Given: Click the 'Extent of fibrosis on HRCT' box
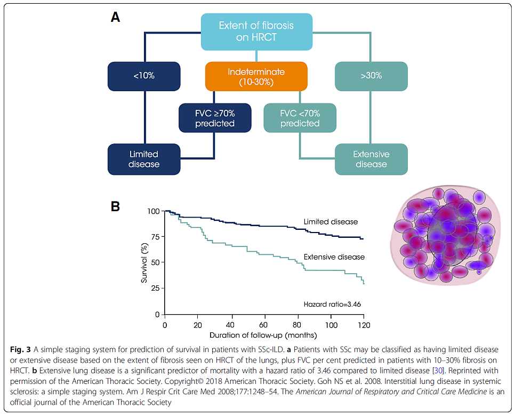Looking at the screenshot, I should [x=256, y=31].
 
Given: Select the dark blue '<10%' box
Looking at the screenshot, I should [x=144, y=76].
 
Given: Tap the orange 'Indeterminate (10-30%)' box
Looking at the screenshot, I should [x=256, y=76].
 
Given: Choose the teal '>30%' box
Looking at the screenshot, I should [x=371, y=76].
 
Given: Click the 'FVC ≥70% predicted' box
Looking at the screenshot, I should [x=214, y=118].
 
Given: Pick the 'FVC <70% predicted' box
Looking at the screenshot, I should [x=300, y=118].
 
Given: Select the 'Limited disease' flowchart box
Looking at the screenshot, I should [x=144, y=159].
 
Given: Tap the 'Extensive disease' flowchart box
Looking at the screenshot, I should [x=371, y=159].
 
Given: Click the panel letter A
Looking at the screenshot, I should [x=115, y=17].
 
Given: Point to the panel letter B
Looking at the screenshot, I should [x=115, y=206].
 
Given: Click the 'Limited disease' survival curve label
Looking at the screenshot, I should [x=331, y=222].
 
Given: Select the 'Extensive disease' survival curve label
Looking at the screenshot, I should [x=334, y=257].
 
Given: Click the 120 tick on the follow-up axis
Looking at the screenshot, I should [x=364, y=324].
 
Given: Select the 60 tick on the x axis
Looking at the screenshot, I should [x=264, y=324].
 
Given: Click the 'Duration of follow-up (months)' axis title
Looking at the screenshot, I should [x=263, y=335].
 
